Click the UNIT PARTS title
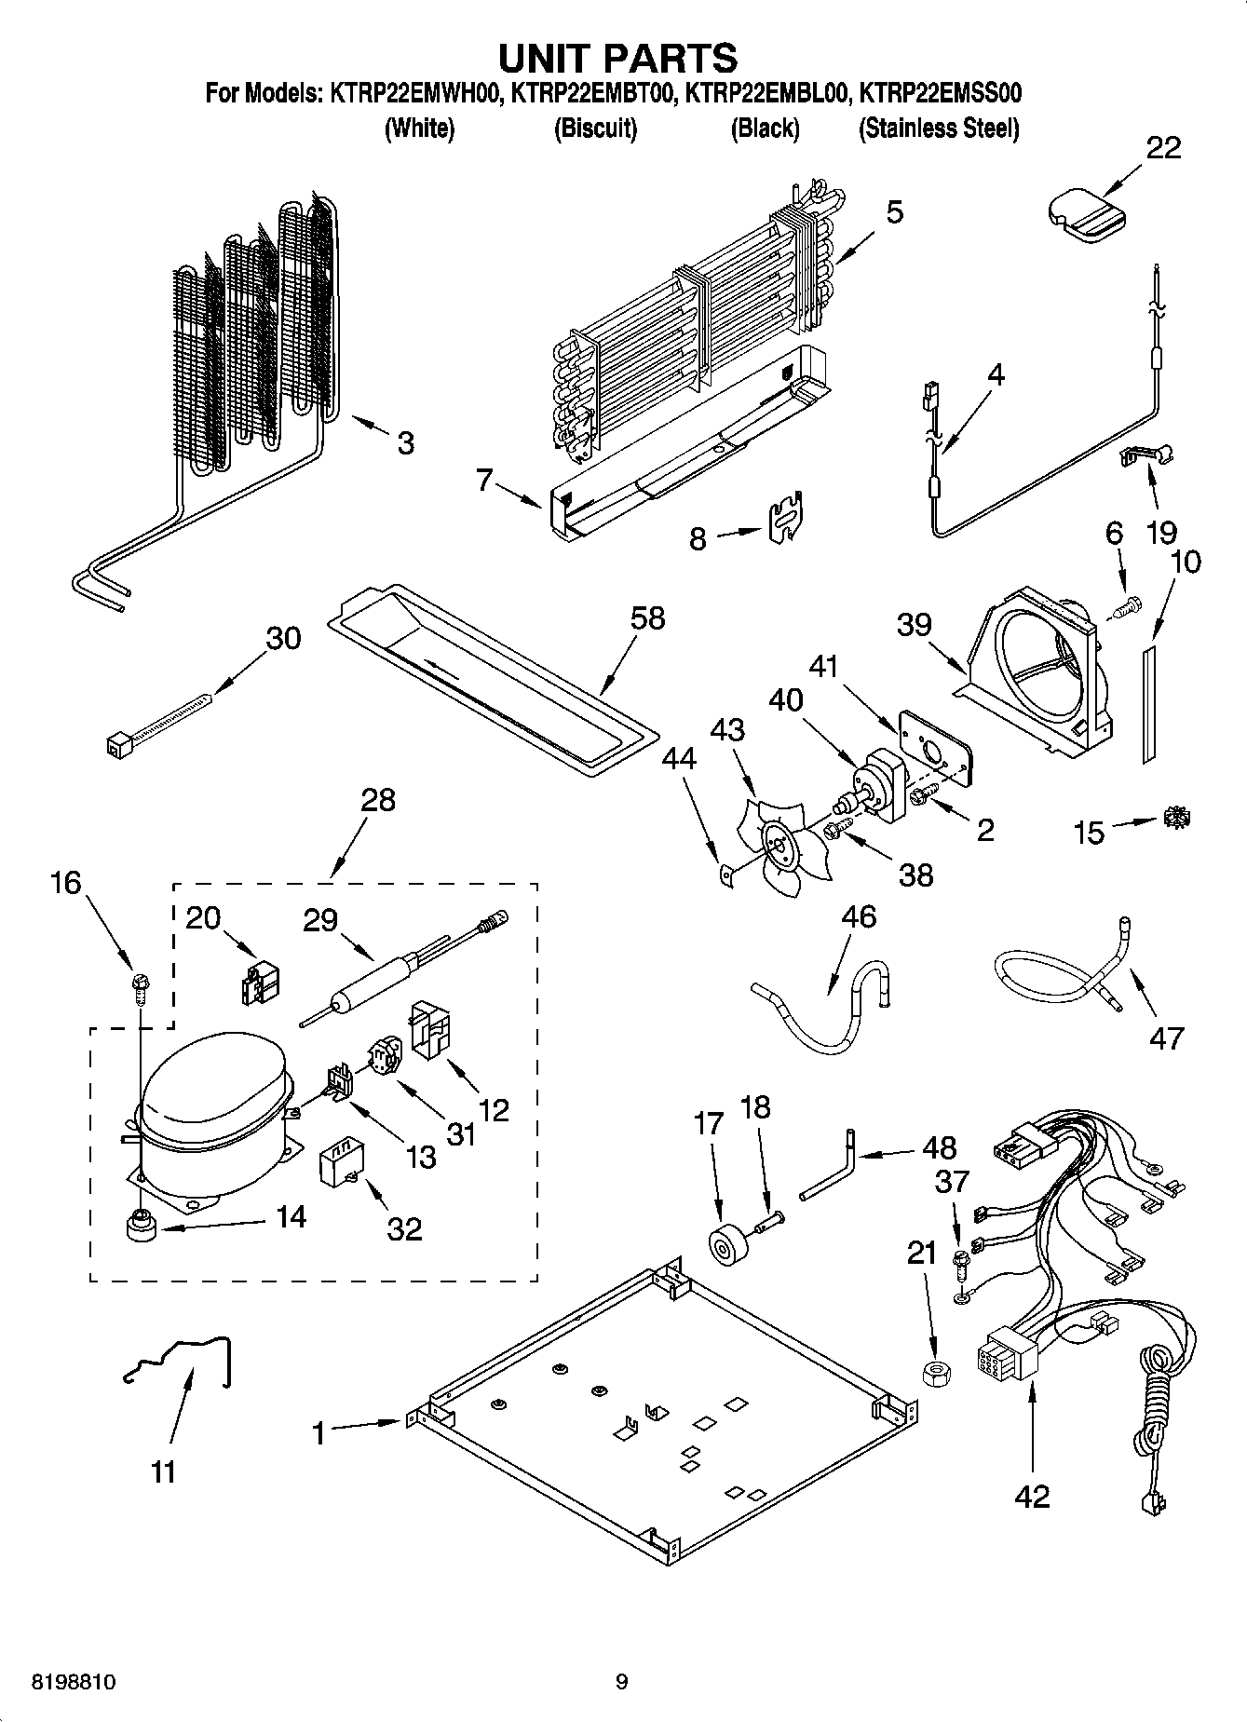pyautogui.click(x=617, y=58)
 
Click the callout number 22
pyautogui.click(x=1162, y=148)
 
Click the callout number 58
pyautogui.click(x=647, y=618)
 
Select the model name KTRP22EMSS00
pyautogui.click(x=940, y=93)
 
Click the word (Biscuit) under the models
pyautogui.click(x=595, y=128)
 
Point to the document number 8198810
pyautogui.click(x=61, y=1682)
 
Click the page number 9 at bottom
pyautogui.click(x=621, y=1682)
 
